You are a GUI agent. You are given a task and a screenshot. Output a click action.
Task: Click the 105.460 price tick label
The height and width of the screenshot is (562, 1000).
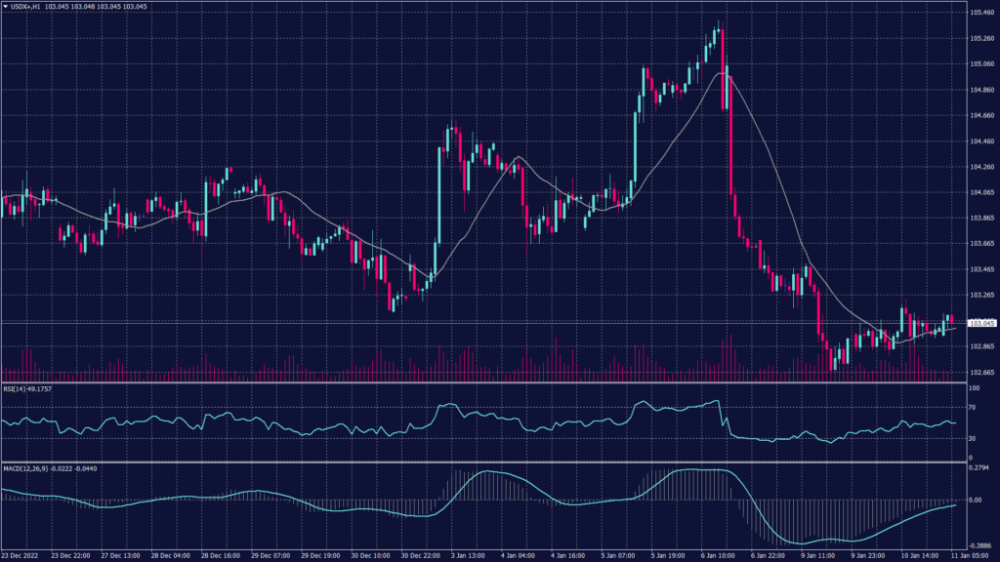pyautogui.click(x=981, y=13)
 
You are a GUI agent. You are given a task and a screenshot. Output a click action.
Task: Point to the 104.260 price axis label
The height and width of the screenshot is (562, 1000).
pyautogui.click(x=981, y=167)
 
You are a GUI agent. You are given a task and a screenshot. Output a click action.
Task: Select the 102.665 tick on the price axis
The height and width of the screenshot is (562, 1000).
pyautogui.click(x=981, y=372)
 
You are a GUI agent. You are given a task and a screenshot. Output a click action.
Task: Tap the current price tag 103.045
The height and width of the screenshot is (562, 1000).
pyautogui.click(x=980, y=322)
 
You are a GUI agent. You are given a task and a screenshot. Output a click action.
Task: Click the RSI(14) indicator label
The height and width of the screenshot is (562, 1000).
pyautogui.click(x=15, y=388)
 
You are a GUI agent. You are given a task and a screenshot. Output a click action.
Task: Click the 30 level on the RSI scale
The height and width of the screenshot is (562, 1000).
pyautogui.click(x=973, y=438)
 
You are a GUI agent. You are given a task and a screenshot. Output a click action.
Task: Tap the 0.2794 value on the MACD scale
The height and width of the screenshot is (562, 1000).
pyautogui.click(x=979, y=468)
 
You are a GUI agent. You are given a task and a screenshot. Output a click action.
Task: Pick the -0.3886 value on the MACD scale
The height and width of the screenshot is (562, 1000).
pyautogui.click(x=979, y=546)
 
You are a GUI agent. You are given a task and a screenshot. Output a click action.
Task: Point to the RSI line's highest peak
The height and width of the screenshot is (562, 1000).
pyautogui.click(x=719, y=400)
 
